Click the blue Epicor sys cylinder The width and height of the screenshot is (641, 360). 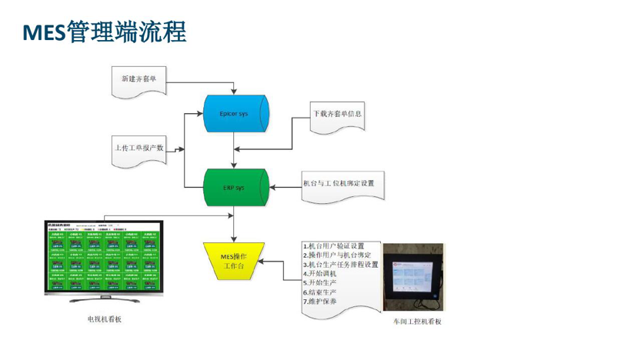[235, 114]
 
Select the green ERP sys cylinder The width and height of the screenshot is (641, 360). [235, 187]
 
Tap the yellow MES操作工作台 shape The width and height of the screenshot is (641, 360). [233, 261]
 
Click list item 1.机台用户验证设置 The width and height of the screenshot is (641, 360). [333, 246]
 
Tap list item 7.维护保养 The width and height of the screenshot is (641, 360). [319, 302]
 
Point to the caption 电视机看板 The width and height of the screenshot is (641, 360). [105, 318]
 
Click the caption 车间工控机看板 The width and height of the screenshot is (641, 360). [417, 321]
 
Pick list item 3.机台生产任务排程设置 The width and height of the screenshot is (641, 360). [341, 265]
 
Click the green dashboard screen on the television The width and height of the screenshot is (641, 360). [104, 256]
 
